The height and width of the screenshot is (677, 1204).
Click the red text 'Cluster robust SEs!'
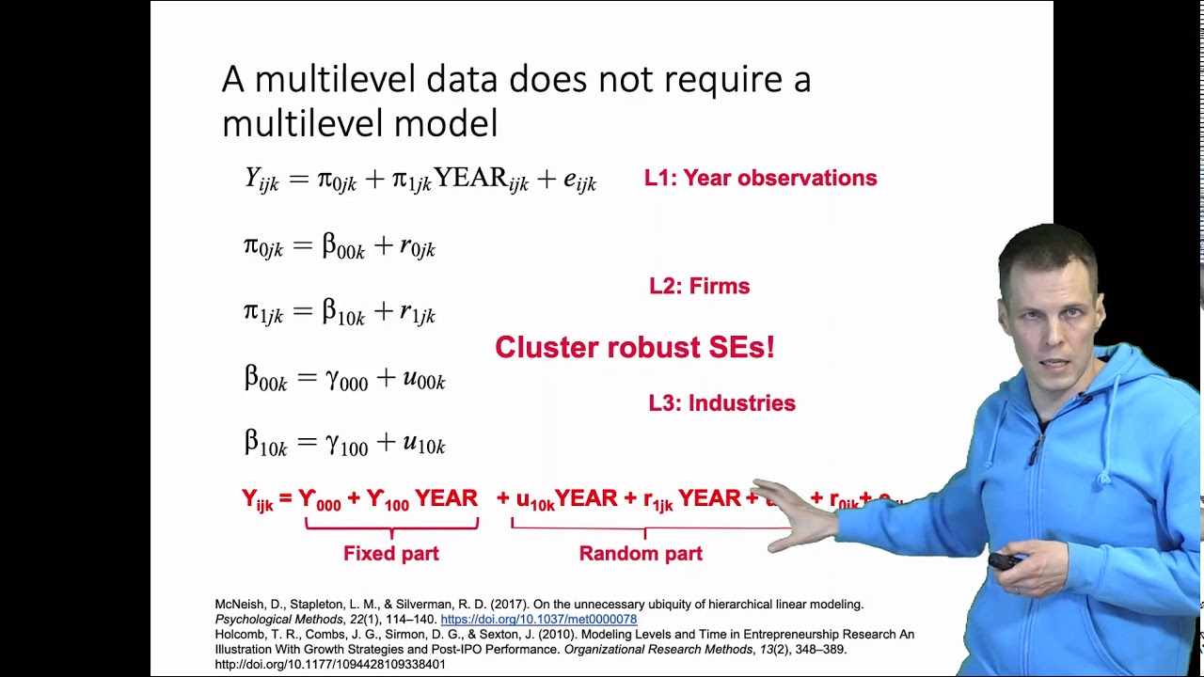click(634, 347)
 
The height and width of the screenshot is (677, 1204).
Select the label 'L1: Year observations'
click(760, 178)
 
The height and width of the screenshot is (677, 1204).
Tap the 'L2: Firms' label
click(699, 286)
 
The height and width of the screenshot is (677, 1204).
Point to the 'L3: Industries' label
click(721, 402)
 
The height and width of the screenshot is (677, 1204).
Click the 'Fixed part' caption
click(390, 554)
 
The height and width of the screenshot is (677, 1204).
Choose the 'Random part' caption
click(641, 554)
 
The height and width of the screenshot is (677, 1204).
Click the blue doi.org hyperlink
click(538, 620)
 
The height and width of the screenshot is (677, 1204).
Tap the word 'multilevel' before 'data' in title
click(336, 80)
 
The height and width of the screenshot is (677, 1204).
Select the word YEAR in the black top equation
click(470, 179)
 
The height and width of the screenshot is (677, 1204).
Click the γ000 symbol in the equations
click(346, 379)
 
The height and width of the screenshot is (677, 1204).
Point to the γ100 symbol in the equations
click(346, 444)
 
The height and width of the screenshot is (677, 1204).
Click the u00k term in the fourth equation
click(423, 379)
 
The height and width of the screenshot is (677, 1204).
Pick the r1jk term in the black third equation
click(417, 314)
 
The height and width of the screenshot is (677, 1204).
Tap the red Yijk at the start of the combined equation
click(257, 500)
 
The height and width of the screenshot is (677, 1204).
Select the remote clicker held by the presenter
click(1006, 561)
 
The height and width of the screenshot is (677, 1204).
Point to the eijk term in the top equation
click(579, 181)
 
